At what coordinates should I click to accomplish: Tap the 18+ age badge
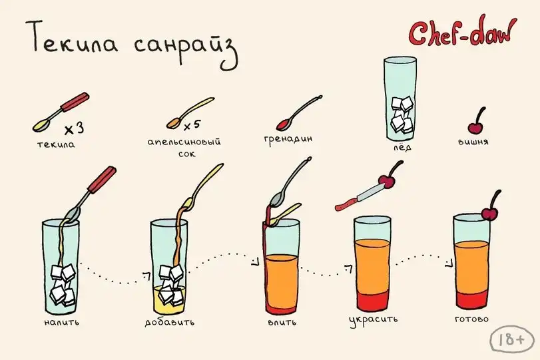512,339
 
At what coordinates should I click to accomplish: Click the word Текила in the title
71,38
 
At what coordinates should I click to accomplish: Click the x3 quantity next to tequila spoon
75,128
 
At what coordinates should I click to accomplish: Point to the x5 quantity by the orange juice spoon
192,126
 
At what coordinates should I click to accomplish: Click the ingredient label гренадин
288,139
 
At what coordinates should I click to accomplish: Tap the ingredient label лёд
402,147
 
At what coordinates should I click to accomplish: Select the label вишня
473,142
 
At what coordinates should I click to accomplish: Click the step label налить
62,322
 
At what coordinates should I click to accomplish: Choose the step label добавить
169,322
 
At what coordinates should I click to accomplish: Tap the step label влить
282,323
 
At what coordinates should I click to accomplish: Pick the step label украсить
374,320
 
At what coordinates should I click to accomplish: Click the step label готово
472,319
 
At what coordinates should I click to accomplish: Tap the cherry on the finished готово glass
489,214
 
